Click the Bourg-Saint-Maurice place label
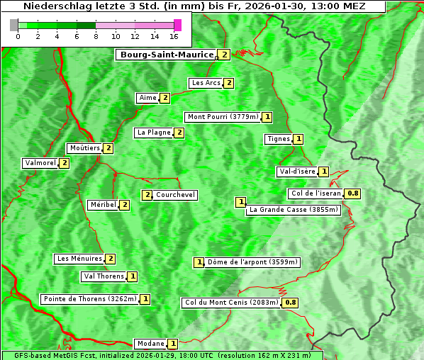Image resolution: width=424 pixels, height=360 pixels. click(x=167, y=55)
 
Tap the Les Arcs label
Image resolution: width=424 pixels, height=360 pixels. click(x=206, y=83)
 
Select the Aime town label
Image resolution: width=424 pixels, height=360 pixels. click(x=147, y=98)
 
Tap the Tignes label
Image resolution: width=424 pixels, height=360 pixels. click(x=278, y=139)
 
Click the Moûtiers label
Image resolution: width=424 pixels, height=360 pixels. click(x=84, y=148)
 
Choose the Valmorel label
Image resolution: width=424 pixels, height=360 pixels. click(x=40, y=163)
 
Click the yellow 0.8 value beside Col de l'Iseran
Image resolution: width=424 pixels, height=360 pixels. click(x=352, y=193)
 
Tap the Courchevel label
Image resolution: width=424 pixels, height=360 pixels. click(x=176, y=195)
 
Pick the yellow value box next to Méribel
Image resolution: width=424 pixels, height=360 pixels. click(x=125, y=205)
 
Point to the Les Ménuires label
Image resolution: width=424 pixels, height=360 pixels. click(x=79, y=259)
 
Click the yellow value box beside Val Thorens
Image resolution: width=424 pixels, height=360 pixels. click(x=133, y=276)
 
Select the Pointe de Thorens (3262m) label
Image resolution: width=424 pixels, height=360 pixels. click(x=89, y=299)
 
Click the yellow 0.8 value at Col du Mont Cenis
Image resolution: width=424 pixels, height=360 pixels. click(x=290, y=303)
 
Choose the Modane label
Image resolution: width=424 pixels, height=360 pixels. click(x=150, y=344)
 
